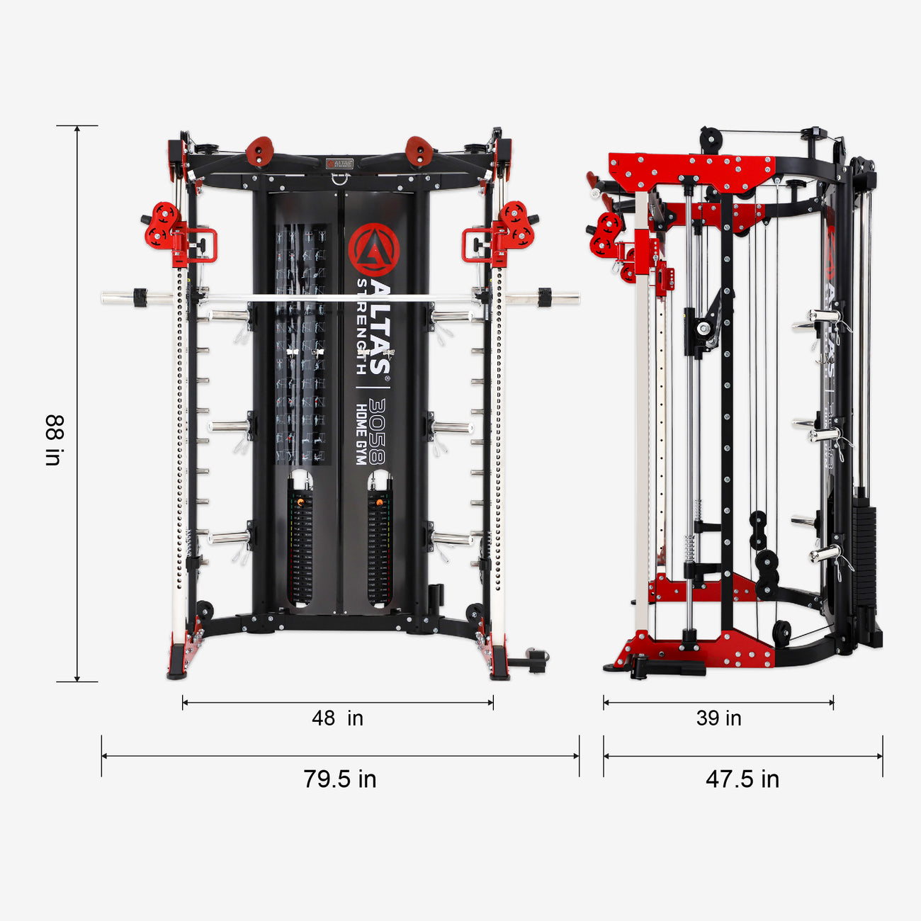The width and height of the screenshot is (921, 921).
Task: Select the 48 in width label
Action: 337,718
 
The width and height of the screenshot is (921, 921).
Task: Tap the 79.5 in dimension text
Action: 340,779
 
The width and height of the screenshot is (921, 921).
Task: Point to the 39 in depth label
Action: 718,718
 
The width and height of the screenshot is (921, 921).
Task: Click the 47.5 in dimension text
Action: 742,779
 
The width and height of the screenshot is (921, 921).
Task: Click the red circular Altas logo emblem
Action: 373,249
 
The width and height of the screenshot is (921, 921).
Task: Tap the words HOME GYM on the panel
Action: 361,434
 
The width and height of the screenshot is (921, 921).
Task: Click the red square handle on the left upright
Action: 203,245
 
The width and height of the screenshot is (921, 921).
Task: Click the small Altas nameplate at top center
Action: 339,163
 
